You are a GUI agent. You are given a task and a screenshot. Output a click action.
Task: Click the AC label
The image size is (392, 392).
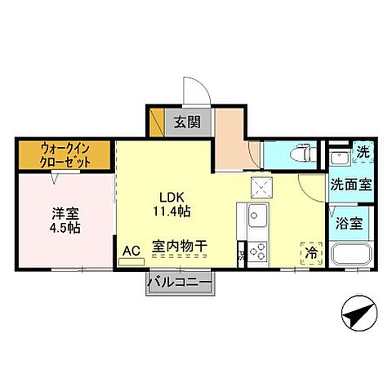[131, 251]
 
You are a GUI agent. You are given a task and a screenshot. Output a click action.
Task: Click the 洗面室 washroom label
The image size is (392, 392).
[351, 185]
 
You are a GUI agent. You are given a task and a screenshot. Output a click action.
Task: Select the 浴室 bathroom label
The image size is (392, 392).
[353, 221]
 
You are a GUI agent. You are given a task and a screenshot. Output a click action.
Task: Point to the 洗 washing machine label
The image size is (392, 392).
[363, 152]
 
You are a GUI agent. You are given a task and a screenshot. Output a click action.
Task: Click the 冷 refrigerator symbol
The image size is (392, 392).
[311, 254]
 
